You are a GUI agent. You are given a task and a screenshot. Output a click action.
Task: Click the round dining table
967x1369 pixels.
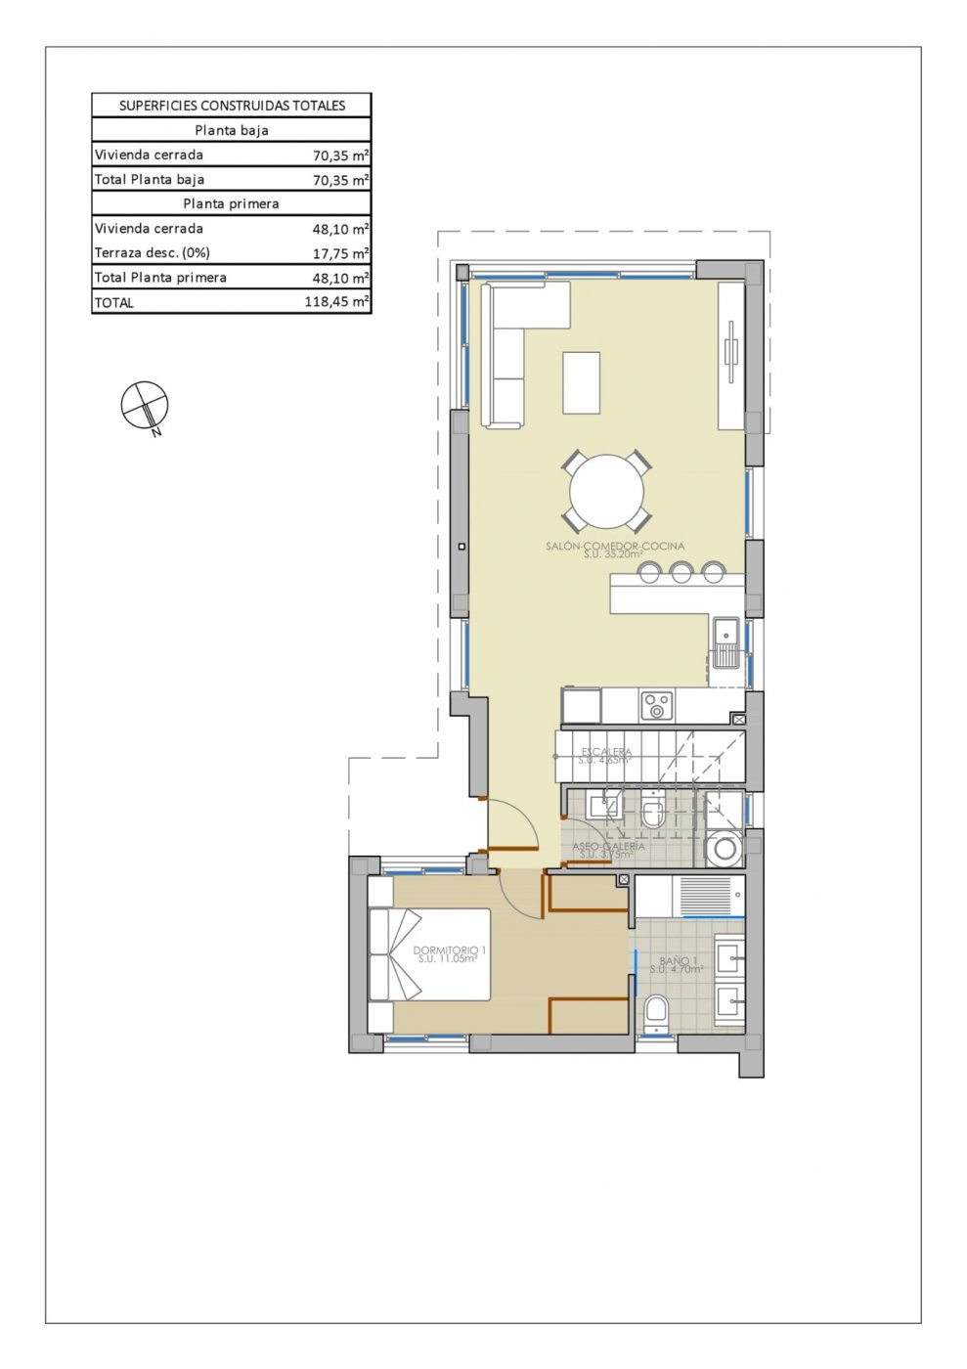[x=607, y=492]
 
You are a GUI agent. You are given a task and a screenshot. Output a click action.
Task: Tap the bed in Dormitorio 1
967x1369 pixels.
[x=429, y=954]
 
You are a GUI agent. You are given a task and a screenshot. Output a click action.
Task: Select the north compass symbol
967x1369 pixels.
[x=145, y=405]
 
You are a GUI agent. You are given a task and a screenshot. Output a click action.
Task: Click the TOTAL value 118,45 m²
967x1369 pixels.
[x=336, y=302]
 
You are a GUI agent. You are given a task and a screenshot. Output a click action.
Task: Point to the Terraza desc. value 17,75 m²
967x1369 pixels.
[x=340, y=253]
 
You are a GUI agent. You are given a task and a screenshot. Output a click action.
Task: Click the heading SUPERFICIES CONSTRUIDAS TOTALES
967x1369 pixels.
[x=232, y=106]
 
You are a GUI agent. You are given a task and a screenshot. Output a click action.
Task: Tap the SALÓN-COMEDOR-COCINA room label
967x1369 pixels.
[x=615, y=547]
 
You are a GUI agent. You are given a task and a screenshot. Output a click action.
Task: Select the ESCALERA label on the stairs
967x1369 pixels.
[x=606, y=752]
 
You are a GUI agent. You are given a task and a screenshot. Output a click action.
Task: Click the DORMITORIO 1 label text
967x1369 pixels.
[x=449, y=949]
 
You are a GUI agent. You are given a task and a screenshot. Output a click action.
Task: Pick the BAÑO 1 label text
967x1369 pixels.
[x=678, y=961]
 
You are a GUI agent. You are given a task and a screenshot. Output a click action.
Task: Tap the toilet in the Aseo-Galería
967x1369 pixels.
[x=653, y=811]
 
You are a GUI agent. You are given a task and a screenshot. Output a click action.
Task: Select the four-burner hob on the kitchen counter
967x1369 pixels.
[x=657, y=705]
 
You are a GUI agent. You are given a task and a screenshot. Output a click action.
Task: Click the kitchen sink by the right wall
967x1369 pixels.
[x=725, y=642]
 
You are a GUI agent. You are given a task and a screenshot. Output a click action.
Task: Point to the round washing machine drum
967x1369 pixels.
[x=725, y=849]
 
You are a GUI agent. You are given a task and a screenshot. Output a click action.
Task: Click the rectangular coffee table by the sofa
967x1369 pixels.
[x=581, y=382]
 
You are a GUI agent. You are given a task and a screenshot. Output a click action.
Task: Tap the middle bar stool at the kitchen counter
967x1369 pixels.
[x=681, y=571]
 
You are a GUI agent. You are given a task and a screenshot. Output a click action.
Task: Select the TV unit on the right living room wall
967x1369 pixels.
[x=731, y=356]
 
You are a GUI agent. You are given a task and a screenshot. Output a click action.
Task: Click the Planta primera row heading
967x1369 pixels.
[x=232, y=203]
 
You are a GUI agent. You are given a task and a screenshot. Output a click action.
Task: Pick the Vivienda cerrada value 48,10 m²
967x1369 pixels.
[x=340, y=229]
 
